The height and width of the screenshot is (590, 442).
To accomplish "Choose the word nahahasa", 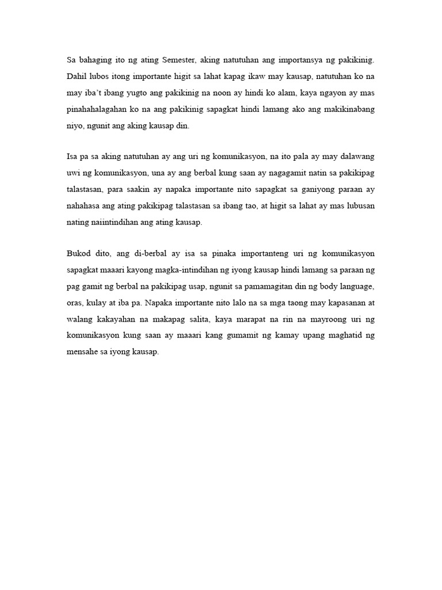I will [83, 206].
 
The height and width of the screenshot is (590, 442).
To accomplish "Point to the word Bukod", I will [79, 253].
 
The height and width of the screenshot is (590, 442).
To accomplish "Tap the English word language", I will [355, 286].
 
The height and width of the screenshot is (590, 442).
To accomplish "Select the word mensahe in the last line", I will [82, 352].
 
